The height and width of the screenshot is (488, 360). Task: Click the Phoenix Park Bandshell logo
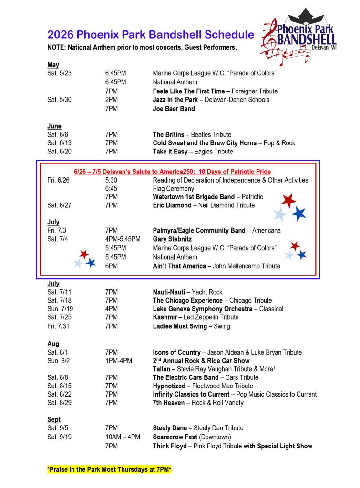[x=299, y=37]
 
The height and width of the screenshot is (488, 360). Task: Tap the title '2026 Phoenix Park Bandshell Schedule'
[x=150, y=34]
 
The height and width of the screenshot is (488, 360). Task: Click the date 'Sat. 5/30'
[x=59, y=100]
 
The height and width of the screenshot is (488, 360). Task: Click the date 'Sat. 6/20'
[x=59, y=152]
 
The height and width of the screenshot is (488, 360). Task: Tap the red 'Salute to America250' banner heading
[x=172, y=172]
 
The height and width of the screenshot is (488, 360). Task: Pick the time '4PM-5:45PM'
[x=123, y=239]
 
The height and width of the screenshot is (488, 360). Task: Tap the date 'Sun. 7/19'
[x=60, y=309]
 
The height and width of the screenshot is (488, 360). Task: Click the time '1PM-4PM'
[x=119, y=361]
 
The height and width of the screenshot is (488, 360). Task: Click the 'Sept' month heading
[x=54, y=419]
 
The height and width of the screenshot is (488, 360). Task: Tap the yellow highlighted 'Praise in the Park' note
[x=109, y=470]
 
